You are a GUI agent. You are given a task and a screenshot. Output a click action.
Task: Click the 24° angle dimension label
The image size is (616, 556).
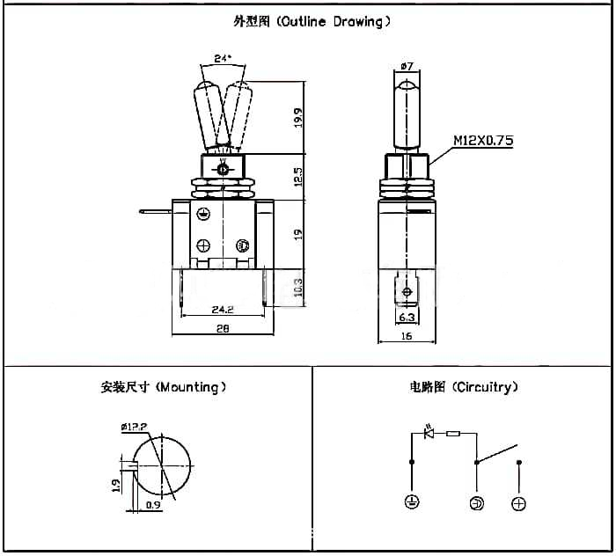[223, 59]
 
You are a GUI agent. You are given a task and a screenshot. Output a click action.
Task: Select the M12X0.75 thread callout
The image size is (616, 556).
[483, 140]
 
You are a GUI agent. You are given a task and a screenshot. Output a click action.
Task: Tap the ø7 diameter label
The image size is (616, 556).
[407, 66]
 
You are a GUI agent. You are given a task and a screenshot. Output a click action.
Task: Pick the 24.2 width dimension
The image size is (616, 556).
[222, 309]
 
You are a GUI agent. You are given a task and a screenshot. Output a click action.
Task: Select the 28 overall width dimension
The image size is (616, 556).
[222, 328]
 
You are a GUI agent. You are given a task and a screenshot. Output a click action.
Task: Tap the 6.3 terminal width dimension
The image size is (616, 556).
[407, 316]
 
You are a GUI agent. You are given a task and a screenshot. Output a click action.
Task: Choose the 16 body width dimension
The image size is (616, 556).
[407, 335]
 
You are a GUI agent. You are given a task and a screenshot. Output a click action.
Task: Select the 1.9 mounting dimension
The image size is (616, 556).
[117, 485]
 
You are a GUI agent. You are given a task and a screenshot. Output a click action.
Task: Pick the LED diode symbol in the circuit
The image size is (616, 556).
[429, 433]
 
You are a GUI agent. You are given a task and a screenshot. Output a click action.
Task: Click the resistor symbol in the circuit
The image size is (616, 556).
[453, 433]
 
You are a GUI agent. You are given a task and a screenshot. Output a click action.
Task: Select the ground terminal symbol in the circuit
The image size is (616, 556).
[411, 502]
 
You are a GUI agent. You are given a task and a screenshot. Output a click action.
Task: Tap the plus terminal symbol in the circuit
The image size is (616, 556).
[519, 503]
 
